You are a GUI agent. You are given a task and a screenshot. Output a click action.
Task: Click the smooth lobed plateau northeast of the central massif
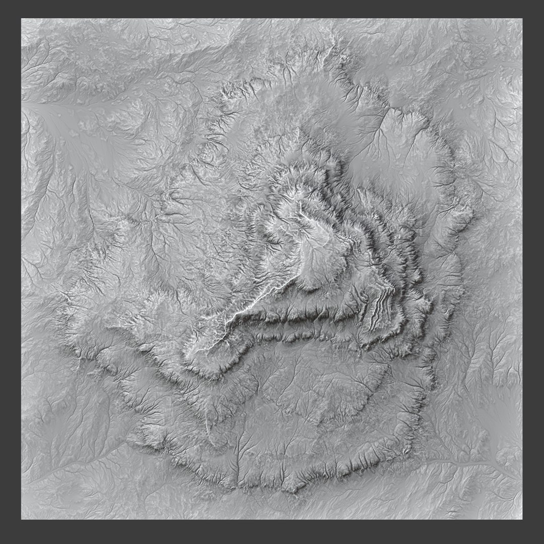tap(388, 151)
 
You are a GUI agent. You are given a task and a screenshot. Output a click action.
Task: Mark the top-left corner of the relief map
tap(21, 19)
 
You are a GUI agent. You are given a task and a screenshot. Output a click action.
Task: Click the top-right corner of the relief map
tap(522, 19)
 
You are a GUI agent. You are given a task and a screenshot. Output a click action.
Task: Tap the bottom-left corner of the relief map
tap(21, 519)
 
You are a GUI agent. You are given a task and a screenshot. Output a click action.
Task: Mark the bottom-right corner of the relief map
tap(522, 519)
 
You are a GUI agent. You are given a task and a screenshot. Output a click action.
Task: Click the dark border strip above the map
tap(272, 9)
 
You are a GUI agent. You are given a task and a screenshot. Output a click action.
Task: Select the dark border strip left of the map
tap(10, 272)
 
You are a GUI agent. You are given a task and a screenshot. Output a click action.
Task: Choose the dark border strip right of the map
tap(533, 272)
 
